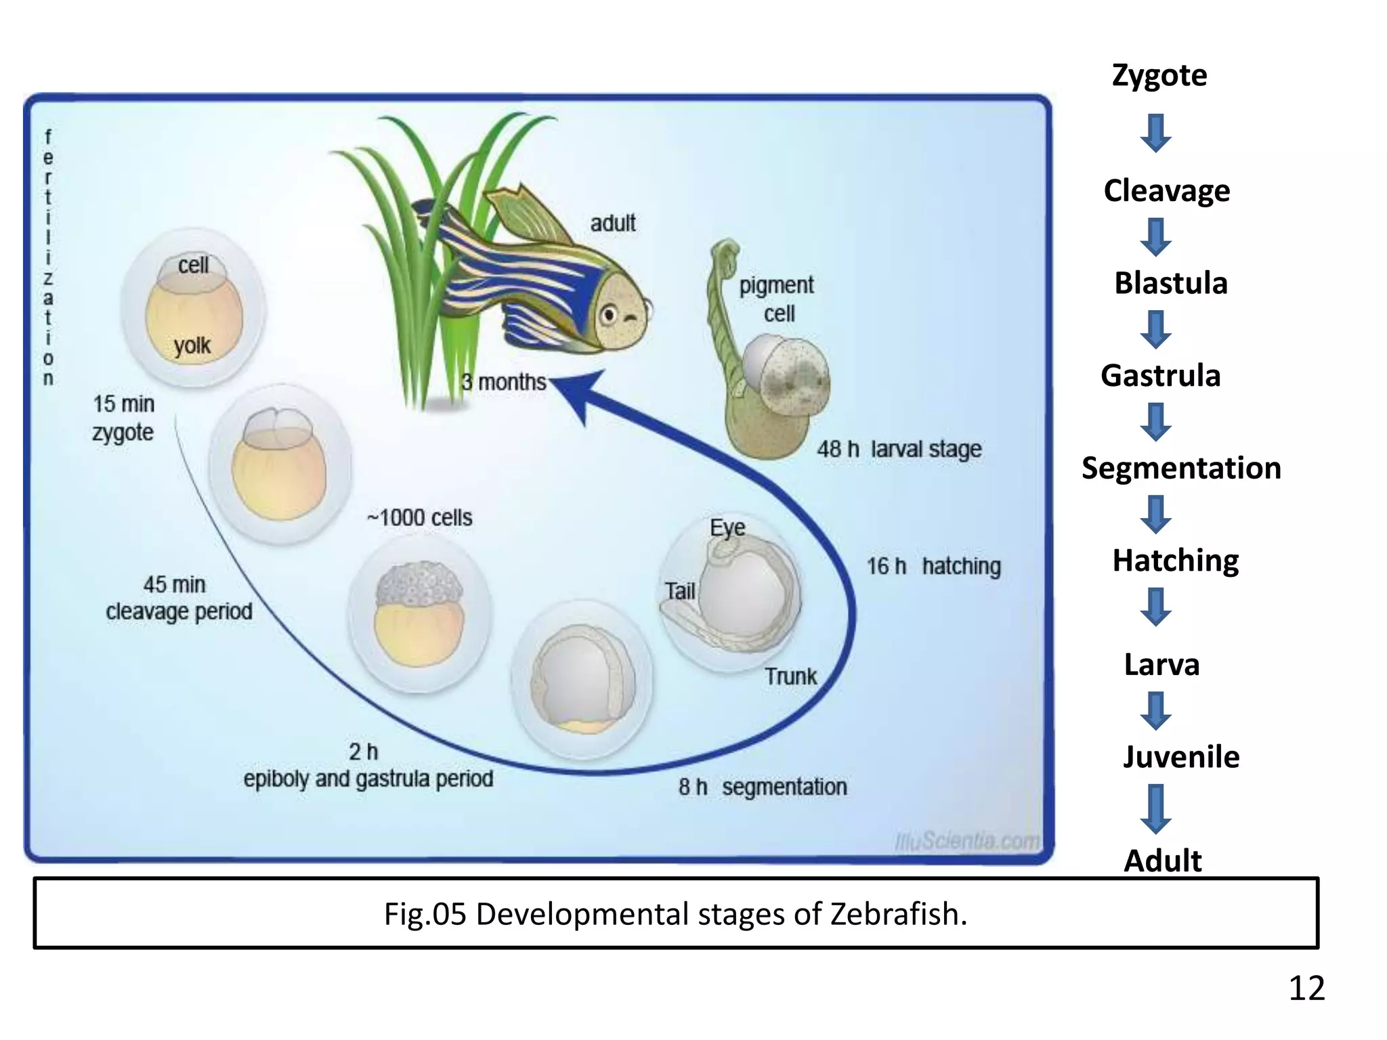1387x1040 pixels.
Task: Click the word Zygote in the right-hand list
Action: point(1159,75)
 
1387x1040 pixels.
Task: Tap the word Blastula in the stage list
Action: point(1171,283)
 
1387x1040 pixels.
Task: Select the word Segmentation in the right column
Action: point(1181,468)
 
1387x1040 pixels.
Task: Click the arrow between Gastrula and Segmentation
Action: point(1156,422)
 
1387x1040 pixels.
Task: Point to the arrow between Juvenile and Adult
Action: point(1156,808)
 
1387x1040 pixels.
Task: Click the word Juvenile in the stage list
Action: point(1181,756)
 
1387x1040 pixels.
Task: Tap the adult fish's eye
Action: point(609,315)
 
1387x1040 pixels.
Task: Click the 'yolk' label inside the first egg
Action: point(192,345)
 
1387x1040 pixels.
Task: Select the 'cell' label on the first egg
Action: point(193,265)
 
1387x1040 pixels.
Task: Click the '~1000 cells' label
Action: point(420,518)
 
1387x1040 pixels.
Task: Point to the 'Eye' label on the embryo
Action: point(727,527)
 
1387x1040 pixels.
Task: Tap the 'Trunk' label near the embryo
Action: point(790,676)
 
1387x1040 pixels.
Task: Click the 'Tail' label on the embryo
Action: point(679,591)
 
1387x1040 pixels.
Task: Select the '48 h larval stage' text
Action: point(899,449)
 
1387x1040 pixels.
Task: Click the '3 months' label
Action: point(504,382)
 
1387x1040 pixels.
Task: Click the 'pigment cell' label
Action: point(777,299)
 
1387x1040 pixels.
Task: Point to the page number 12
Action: point(1306,989)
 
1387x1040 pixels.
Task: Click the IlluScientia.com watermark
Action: point(967,841)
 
